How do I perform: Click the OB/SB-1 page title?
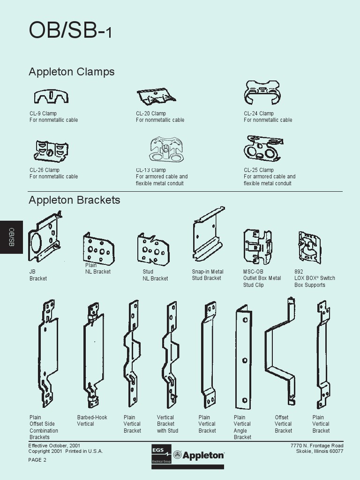coord(70,31)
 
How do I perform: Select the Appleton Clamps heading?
coord(71,72)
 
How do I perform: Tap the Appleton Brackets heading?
coord(74,200)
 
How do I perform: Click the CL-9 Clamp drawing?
coord(51,97)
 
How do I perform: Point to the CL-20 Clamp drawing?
coord(156,96)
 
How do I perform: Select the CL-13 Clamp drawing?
coord(166,150)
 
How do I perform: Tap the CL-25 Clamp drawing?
coord(263,149)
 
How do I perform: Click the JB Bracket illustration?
coord(44,238)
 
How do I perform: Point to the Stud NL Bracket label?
coord(155,275)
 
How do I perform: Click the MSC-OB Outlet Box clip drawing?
coord(257,247)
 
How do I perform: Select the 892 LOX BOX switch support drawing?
coord(310,247)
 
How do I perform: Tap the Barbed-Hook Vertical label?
coord(92,420)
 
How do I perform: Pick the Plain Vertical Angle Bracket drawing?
coord(243,356)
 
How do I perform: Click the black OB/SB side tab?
coord(11,237)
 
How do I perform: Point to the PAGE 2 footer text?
coord(37,460)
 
